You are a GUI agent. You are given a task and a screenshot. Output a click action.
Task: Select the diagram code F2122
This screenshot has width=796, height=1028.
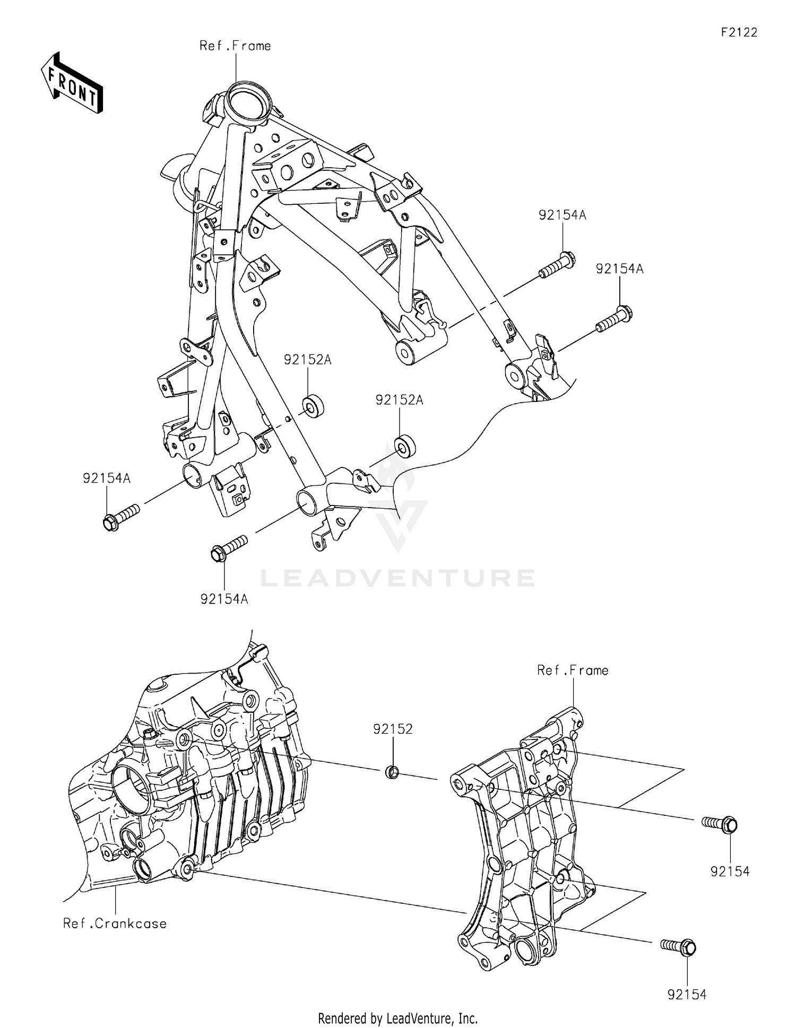click(739, 32)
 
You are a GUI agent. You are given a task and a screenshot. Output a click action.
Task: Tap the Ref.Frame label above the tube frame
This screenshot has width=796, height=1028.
click(235, 46)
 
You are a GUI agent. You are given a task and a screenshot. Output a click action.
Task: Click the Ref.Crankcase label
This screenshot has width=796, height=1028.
click(115, 924)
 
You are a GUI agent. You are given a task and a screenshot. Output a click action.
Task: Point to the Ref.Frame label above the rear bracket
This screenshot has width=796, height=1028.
click(573, 670)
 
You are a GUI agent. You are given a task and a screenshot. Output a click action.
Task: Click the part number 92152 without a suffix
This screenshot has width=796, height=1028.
click(393, 729)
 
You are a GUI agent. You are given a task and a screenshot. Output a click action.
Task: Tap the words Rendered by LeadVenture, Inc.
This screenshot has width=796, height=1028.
click(397, 1018)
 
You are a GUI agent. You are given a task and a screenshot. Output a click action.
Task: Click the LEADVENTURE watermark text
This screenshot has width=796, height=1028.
click(397, 578)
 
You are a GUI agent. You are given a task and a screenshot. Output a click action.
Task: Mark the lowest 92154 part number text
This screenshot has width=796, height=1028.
click(687, 995)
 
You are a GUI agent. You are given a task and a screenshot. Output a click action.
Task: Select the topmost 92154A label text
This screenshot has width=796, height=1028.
click(562, 215)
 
